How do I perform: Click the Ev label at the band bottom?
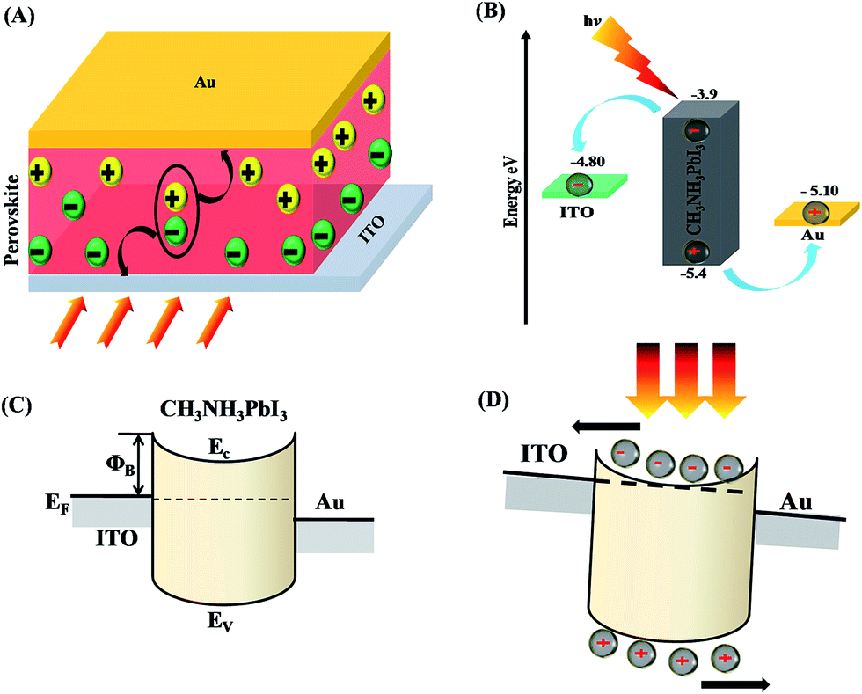click(223, 625)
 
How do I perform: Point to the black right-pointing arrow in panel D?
click(735, 683)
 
